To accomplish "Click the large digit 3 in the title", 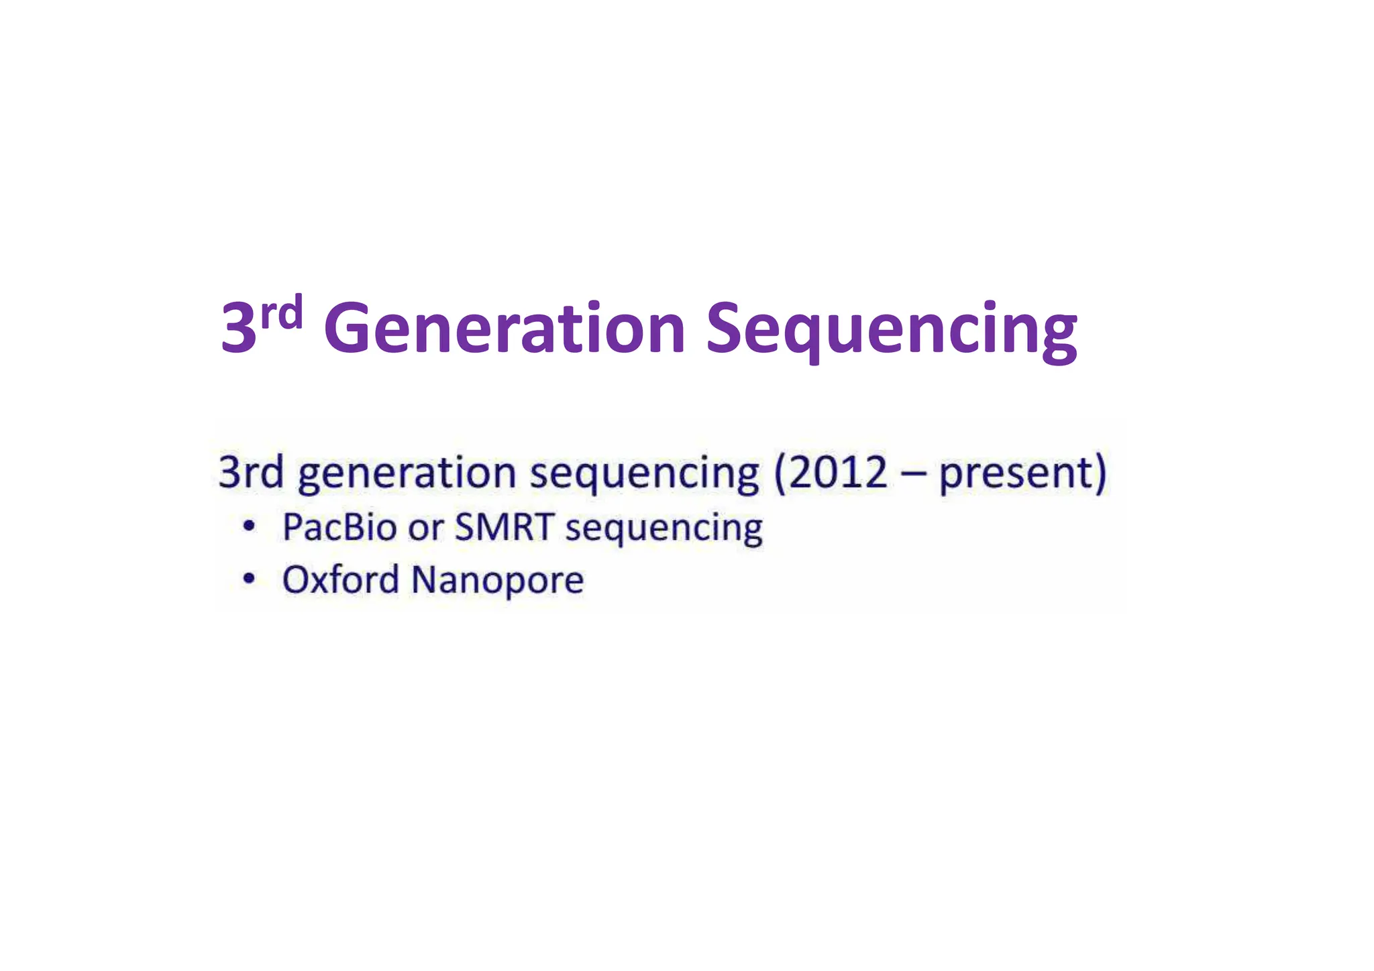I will click(240, 328).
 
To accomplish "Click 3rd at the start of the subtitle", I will click(252, 472).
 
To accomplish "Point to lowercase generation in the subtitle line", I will click(407, 473).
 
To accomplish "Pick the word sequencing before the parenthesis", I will click(644, 475).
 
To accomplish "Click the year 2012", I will click(838, 472).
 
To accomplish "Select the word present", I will click(1016, 474).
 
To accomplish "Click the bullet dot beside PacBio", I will click(249, 526).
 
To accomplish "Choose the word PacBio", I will click(339, 527).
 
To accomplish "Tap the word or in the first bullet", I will click(425, 528).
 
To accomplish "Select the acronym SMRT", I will click(504, 527).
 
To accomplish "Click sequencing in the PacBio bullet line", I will click(664, 528).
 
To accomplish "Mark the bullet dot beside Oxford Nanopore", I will click(249, 579).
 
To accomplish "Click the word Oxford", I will click(341, 579).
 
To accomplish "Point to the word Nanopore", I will click(497, 581).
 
